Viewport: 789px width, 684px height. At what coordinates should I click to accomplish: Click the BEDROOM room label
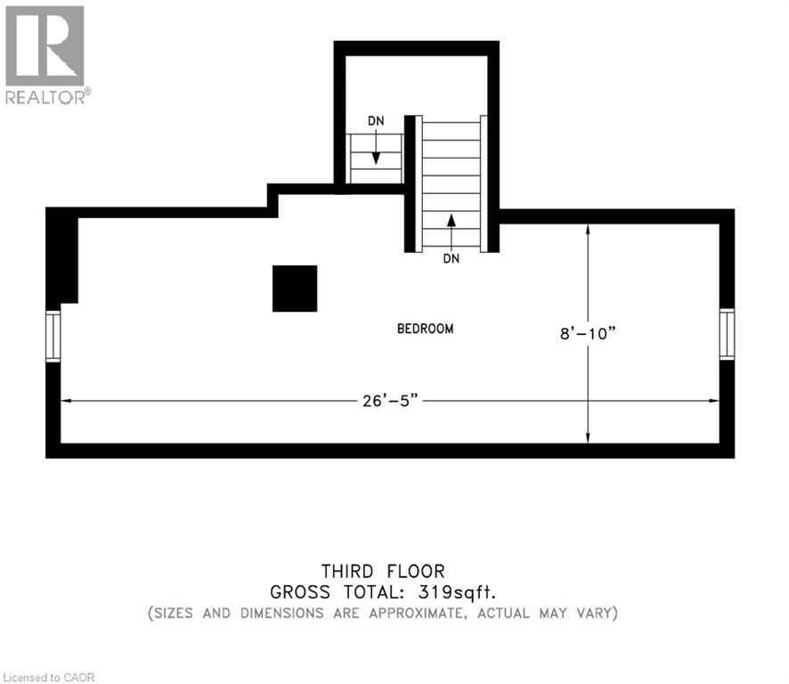click(425, 329)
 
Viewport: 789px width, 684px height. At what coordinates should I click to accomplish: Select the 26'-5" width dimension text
click(385, 402)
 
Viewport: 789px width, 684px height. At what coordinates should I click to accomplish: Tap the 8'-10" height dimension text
click(588, 334)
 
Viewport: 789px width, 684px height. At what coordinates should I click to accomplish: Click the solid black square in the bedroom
click(295, 289)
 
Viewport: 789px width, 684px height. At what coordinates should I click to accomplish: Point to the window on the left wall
click(53, 336)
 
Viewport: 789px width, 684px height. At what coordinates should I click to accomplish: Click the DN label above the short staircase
click(377, 121)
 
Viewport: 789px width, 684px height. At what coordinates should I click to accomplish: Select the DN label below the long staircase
click(451, 259)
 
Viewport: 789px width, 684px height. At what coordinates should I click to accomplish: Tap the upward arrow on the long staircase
click(451, 222)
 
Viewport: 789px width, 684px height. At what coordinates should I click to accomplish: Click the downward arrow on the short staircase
click(377, 157)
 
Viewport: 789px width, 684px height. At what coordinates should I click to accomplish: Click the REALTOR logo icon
click(45, 45)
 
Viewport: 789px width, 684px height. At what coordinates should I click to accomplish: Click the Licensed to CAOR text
click(48, 678)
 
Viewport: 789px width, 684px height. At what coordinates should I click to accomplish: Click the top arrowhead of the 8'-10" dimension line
click(588, 229)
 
